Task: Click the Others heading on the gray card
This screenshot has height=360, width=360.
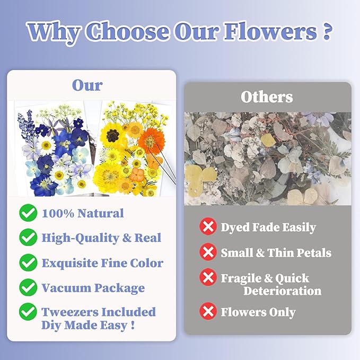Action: (267, 96)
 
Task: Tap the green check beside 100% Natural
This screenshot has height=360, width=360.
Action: (28, 214)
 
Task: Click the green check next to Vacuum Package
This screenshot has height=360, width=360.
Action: (28, 288)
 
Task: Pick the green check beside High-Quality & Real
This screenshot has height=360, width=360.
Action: (28, 238)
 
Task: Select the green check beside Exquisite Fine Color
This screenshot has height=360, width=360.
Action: (28, 263)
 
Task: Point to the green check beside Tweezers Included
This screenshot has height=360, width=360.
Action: (28, 312)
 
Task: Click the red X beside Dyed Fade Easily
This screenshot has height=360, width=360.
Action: (208, 227)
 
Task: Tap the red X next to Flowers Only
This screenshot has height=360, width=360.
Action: (208, 312)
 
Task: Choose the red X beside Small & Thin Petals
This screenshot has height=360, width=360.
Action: (208, 252)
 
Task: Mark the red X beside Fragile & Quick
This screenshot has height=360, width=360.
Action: (208, 278)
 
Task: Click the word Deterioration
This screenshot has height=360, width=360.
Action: (282, 291)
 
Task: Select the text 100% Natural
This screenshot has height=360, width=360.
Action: (82, 214)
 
